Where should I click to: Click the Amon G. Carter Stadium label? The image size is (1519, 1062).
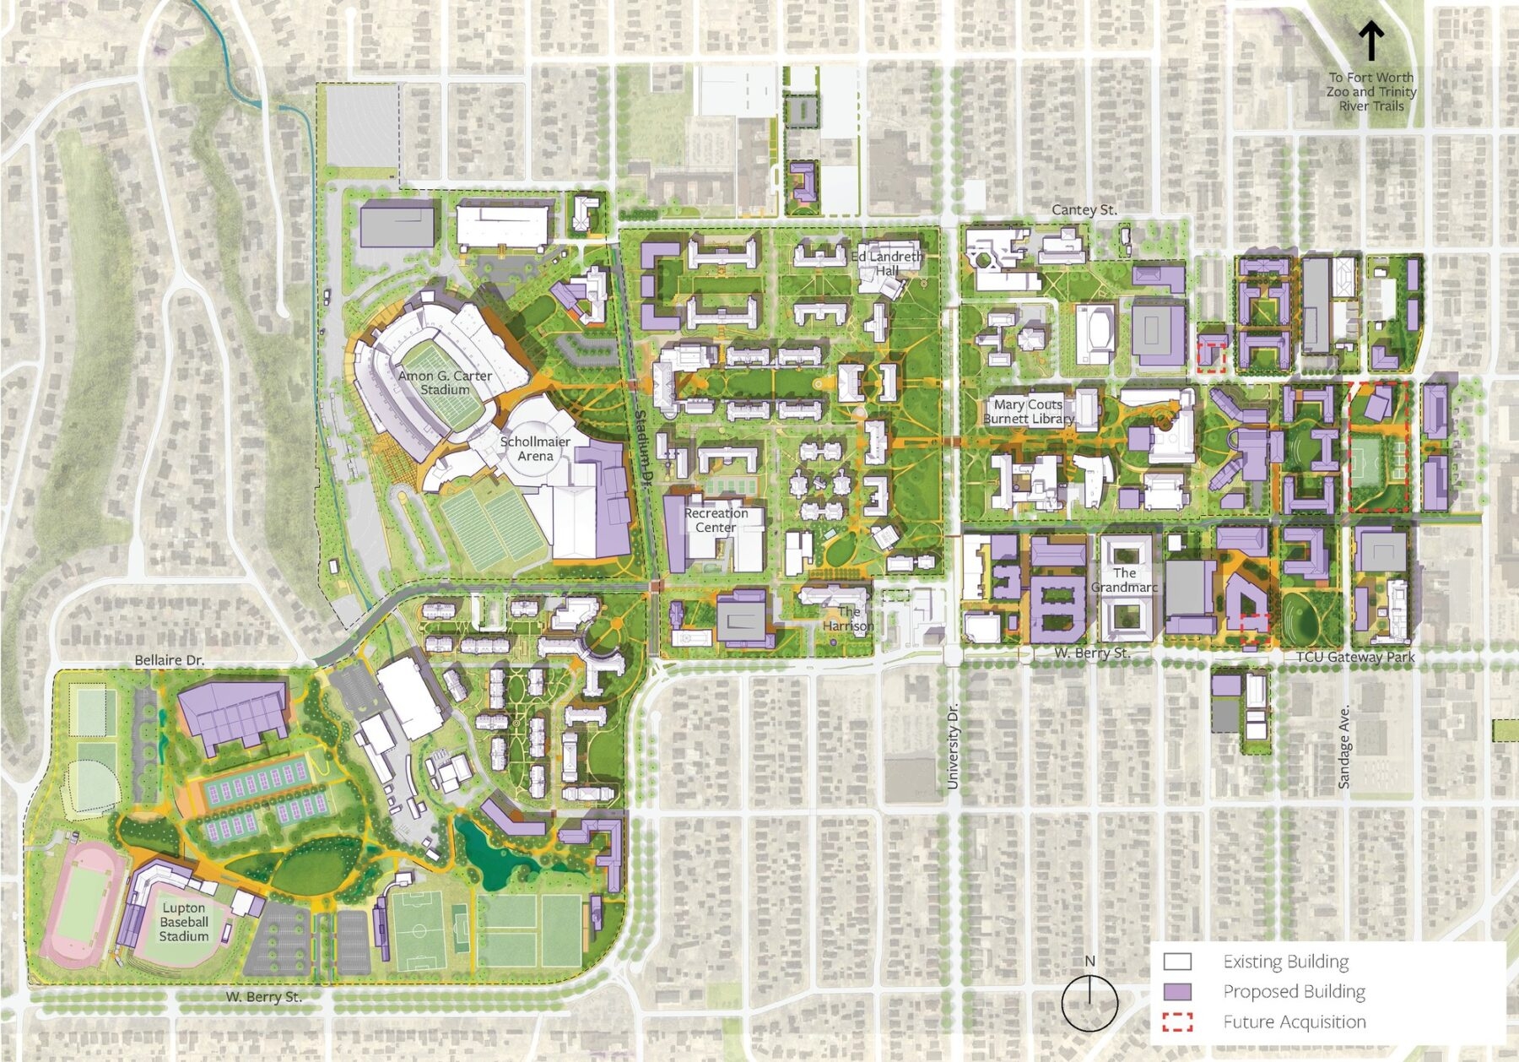(x=445, y=382)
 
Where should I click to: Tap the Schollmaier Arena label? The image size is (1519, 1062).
(x=535, y=448)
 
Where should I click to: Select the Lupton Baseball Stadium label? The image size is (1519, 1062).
(x=184, y=922)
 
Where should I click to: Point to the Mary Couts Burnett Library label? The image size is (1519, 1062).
(x=1028, y=411)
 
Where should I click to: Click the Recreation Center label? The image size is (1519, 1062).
(x=716, y=520)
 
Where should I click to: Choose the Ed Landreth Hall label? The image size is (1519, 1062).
(x=886, y=263)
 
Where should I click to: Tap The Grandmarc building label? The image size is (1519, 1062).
(x=1124, y=580)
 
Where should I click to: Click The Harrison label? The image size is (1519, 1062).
(x=848, y=619)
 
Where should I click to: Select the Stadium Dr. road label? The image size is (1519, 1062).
(x=643, y=447)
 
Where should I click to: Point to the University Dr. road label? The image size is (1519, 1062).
(x=953, y=747)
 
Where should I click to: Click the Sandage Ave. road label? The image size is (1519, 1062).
(x=1345, y=747)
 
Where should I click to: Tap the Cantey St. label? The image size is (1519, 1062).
(x=1084, y=209)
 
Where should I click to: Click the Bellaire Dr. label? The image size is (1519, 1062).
(x=170, y=660)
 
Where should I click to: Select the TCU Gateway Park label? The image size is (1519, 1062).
(x=1355, y=657)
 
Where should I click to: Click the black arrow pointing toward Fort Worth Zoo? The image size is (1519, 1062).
(x=1371, y=41)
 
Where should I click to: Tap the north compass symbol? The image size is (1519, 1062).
(x=1089, y=1001)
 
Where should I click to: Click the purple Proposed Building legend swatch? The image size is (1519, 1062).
(x=1177, y=991)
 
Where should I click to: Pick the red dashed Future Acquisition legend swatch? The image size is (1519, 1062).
(x=1177, y=1021)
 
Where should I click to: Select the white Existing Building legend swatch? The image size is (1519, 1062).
(x=1177, y=962)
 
